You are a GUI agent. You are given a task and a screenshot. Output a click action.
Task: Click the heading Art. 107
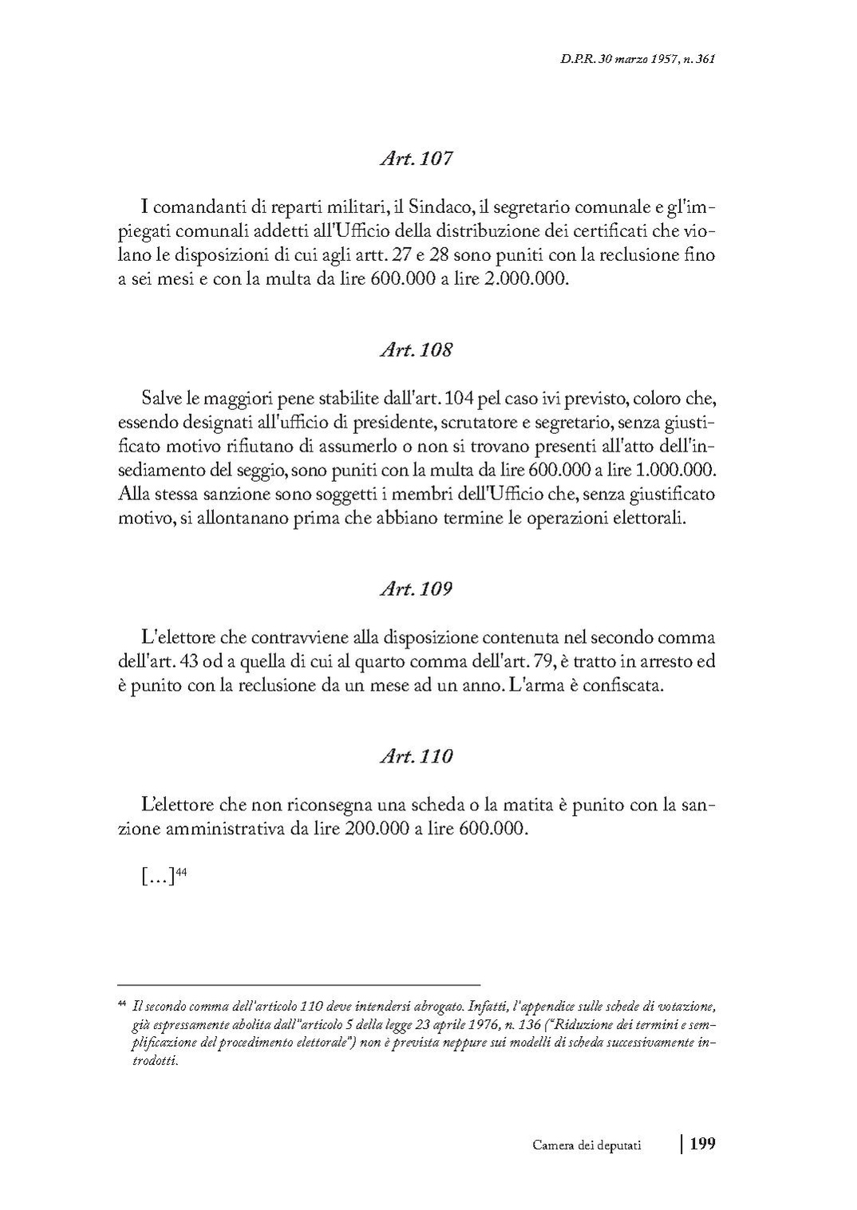(416, 159)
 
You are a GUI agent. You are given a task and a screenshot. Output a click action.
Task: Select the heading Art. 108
(416, 349)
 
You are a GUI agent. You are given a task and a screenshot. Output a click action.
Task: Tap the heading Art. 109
(416, 589)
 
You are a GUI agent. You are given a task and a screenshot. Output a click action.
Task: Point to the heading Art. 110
(416, 756)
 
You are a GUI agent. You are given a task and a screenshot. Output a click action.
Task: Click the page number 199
(702, 1145)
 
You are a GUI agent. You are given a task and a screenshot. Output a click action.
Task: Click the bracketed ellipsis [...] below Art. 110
(157, 878)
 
